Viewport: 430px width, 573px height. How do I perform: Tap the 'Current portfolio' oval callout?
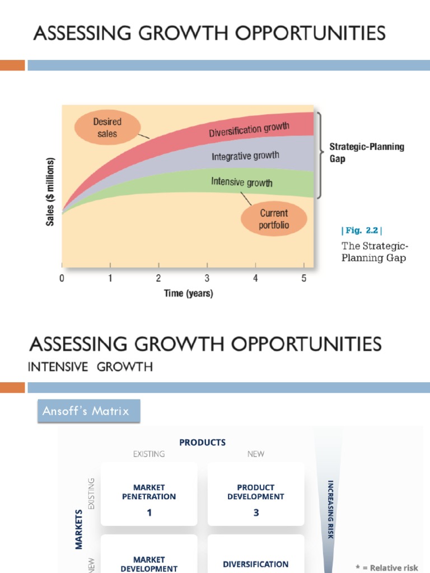[274, 219]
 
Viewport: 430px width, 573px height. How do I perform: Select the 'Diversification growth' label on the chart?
[249, 130]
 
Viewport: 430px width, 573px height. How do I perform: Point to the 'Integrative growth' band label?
[245, 156]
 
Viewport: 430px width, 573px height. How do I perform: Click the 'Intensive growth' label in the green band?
[242, 182]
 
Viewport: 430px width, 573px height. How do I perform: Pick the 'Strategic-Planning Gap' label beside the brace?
[366, 152]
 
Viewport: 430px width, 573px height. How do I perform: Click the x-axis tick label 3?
[207, 279]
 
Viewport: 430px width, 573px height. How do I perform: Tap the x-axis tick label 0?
[62, 279]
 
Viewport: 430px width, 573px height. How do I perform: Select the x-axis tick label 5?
[304, 279]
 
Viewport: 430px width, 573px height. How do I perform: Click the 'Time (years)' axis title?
[188, 293]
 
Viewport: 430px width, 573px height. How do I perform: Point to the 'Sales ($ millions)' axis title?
[50, 192]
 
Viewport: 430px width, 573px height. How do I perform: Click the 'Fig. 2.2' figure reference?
[362, 231]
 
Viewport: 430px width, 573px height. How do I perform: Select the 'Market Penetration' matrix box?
[149, 494]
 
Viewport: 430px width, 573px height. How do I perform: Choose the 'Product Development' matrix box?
[256, 494]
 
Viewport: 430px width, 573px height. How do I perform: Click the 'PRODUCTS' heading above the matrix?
[202, 442]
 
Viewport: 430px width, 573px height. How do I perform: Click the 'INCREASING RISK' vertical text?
[330, 509]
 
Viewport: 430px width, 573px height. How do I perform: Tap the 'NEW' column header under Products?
[256, 454]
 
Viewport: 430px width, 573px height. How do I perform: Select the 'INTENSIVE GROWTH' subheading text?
[90, 367]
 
